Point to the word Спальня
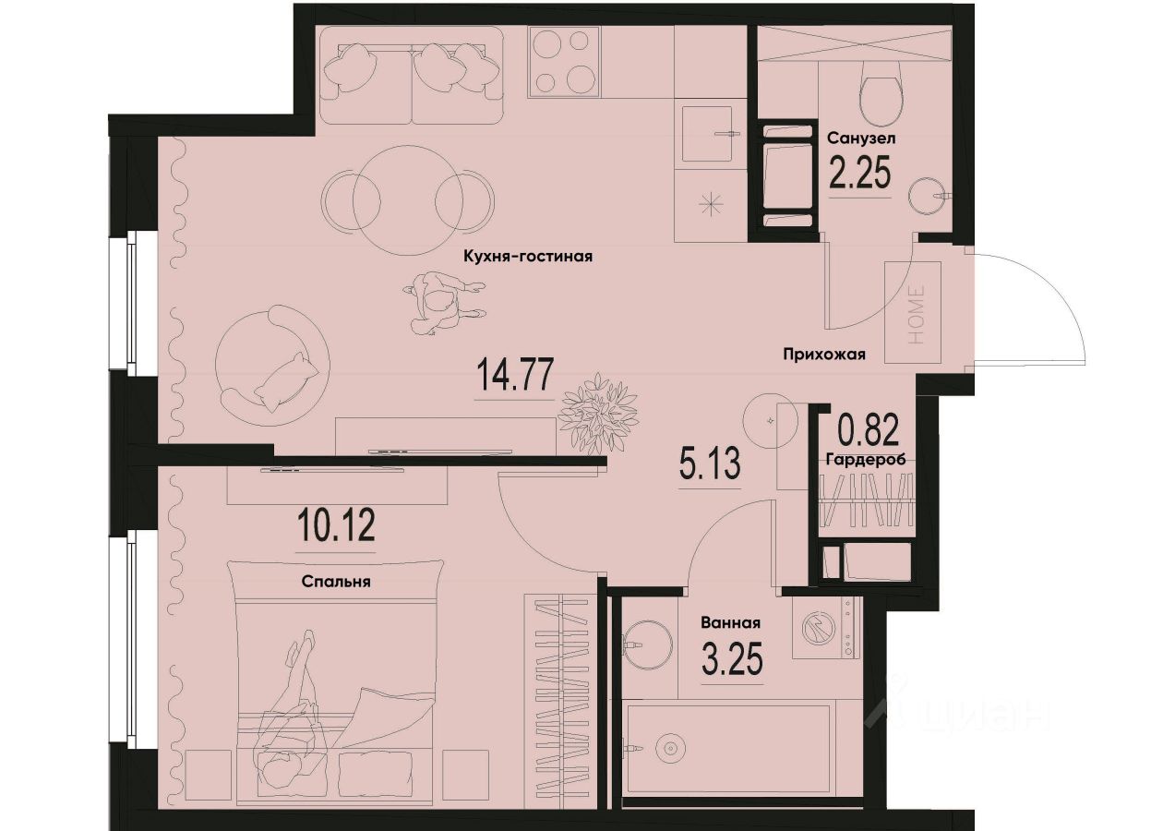tap(336, 583)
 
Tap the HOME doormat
tap(913, 311)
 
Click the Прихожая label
tap(823, 354)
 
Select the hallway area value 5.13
tap(709, 464)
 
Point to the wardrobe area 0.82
tap(868, 430)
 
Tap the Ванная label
tap(730, 621)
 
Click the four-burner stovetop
tap(564, 61)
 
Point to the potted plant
tap(599, 413)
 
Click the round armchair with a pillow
tap(271, 365)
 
